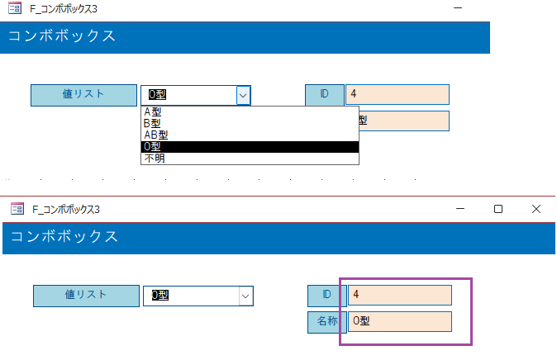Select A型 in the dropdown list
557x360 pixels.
click(x=153, y=111)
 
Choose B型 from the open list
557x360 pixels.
click(x=152, y=123)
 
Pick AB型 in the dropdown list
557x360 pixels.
click(x=156, y=135)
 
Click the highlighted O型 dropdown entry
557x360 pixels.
click(x=250, y=147)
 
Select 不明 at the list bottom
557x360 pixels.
click(x=155, y=158)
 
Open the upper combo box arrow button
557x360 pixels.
click(x=243, y=95)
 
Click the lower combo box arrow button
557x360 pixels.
click(x=245, y=296)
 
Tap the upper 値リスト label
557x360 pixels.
click(x=83, y=95)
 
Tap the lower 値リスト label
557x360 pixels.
click(x=86, y=296)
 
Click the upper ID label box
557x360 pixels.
click(x=325, y=95)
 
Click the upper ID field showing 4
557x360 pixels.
click(x=398, y=94)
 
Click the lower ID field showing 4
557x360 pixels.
click(x=400, y=295)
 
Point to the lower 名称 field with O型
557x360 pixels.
click(x=400, y=322)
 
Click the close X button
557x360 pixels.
click(x=536, y=209)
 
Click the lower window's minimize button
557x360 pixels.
click(x=460, y=209)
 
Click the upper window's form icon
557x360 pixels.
click(x=15, y=7)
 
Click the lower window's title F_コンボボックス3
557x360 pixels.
click(x=66, y=210)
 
